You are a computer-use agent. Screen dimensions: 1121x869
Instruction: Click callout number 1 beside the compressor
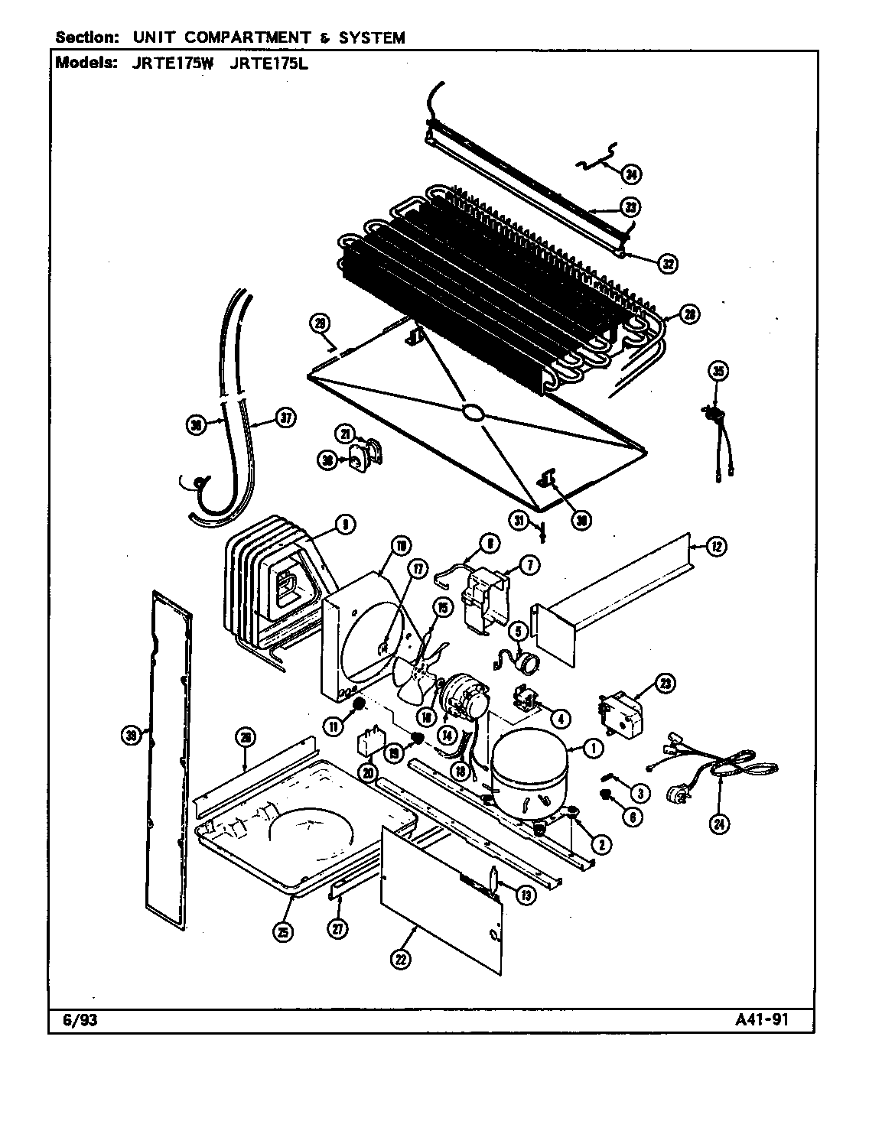[592, 749]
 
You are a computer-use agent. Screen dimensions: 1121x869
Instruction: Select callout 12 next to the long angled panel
[716, 547]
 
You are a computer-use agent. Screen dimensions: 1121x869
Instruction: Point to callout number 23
[665, 684]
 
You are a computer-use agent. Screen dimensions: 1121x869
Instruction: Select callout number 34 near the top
[630, 175]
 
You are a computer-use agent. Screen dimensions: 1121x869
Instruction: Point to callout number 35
[718, 372]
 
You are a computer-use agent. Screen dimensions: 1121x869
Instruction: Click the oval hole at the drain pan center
[473, 414]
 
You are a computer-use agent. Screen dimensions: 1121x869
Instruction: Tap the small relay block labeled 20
[371, 743]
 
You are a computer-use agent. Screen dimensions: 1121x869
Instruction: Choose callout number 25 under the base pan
[285, 931]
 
